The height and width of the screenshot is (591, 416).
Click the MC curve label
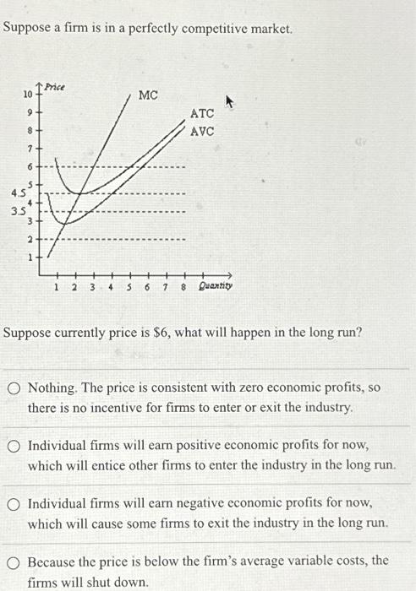point(148,95)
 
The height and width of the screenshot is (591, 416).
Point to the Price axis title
point(57,87)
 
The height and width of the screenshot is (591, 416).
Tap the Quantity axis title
point(215,286)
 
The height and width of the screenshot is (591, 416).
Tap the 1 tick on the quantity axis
point(57,287)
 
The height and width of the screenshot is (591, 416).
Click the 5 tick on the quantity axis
point(129,287)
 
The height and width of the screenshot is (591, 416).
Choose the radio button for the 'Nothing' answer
point(14,389)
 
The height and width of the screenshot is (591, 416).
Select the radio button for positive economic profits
point(14,446)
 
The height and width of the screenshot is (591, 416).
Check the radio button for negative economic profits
point(14,504)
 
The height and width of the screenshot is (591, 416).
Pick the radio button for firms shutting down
point(14,561)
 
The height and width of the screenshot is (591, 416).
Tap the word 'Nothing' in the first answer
point(53,389)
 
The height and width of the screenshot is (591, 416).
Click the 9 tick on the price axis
point(30,112)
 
